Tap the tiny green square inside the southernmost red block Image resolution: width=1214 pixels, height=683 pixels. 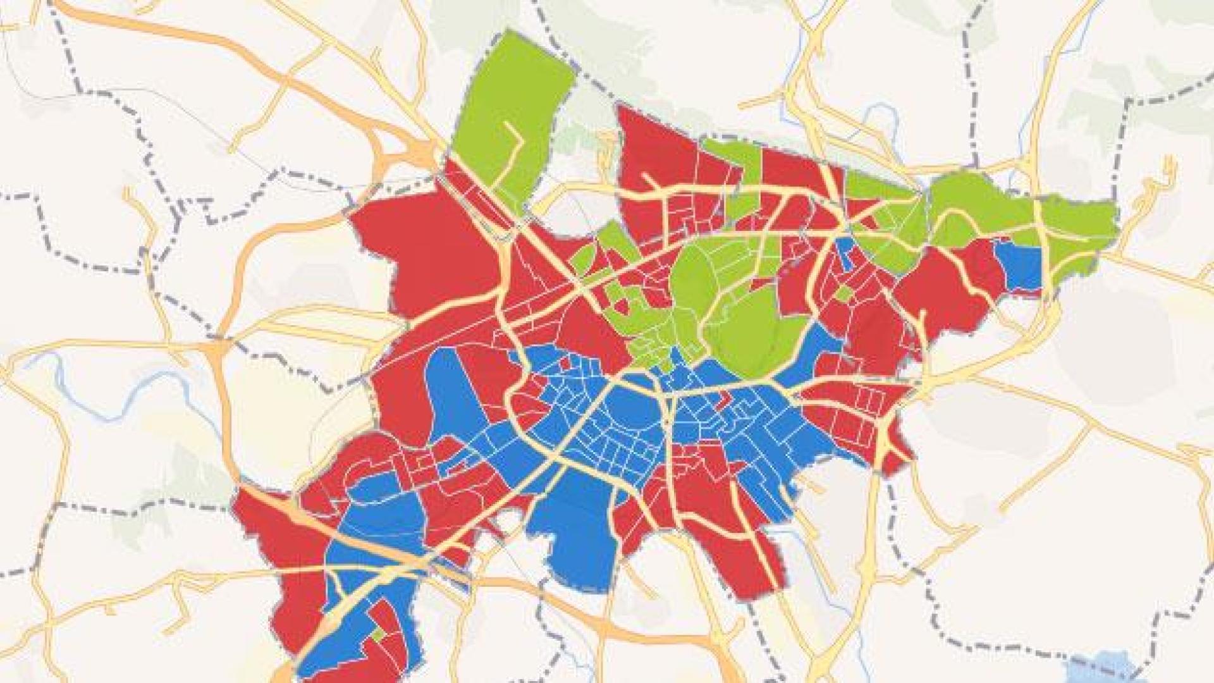[377, 634]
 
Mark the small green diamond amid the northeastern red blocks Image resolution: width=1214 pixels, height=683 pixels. [842, 294]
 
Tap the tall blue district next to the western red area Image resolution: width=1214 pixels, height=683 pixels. [452, 398]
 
